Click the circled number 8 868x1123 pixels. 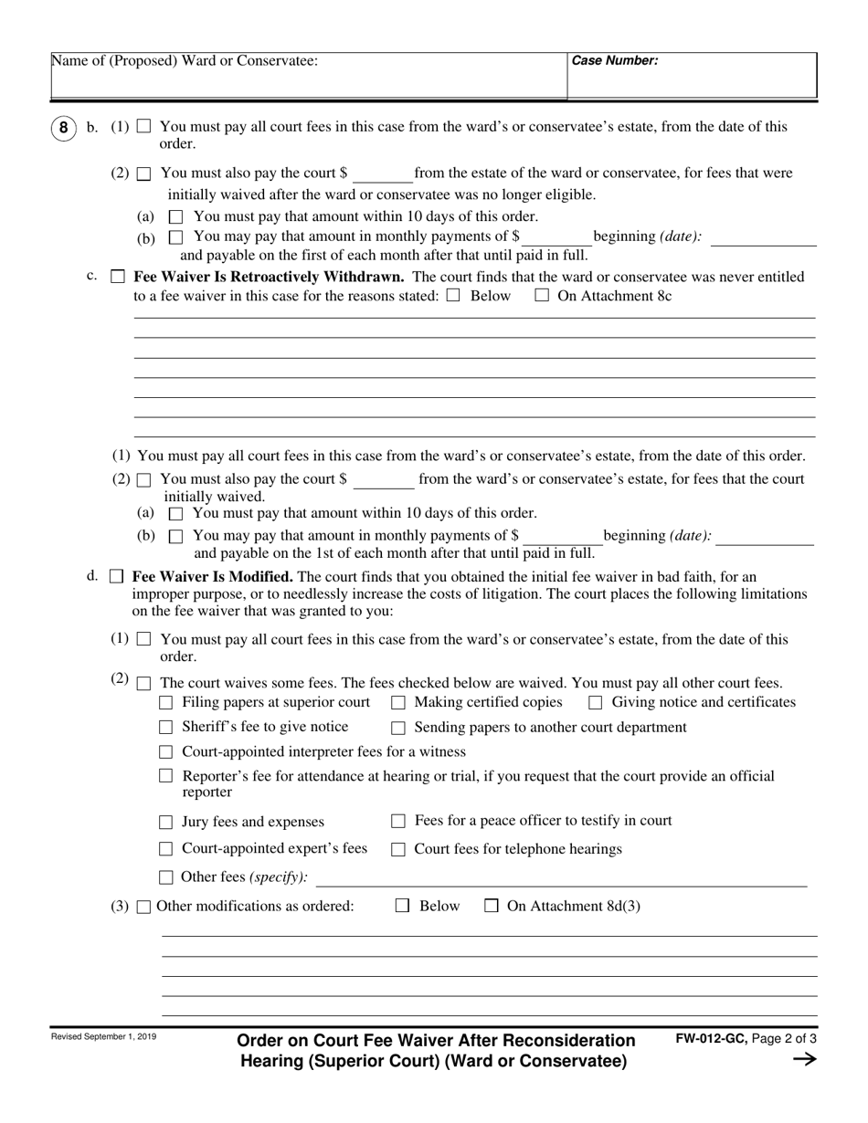(62, 128)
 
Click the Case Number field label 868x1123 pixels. (614, 61)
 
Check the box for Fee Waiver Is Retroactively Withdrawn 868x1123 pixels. (117, 277)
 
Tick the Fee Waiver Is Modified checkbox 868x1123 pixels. (116, 576)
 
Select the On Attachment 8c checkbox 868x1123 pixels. (542, 296)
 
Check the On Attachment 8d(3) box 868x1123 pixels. (492, 906)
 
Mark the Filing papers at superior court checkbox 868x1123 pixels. (165, 703)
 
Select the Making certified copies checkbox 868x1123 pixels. (398, 703)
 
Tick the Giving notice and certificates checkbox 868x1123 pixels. (596, 703)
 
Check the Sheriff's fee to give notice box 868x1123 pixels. (165, 728)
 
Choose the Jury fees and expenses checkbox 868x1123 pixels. (165, 822)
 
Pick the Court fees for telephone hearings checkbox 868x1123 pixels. (398, 850)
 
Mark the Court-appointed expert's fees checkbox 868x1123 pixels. (165, 849)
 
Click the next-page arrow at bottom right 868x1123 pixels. (804, 1059)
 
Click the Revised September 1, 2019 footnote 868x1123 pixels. (103, 1036)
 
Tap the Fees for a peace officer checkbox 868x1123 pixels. (398, 821)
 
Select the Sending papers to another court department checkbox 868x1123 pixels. (398, 728)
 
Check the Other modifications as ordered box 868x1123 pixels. (143, 907)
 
